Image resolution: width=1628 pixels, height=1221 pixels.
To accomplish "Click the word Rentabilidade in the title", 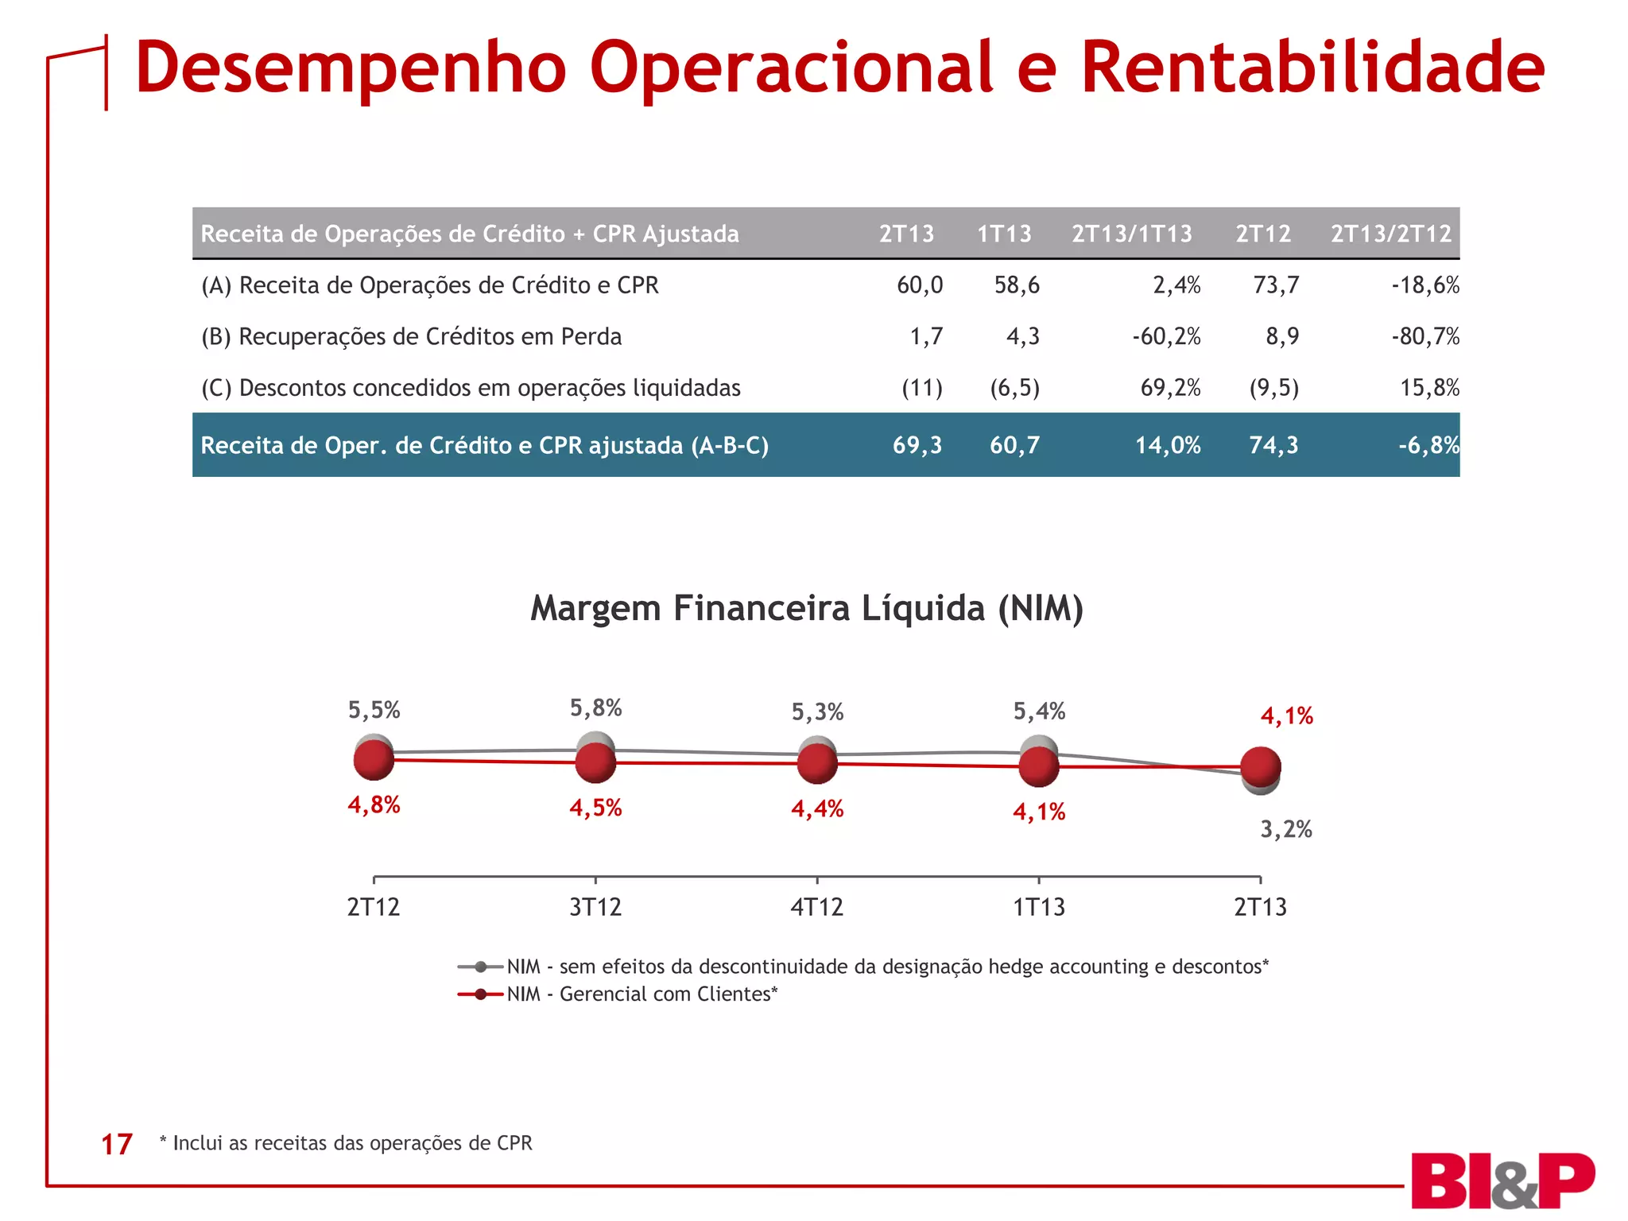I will click(1312, 68).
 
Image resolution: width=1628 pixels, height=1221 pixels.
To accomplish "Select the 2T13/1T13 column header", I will click(1131, 234).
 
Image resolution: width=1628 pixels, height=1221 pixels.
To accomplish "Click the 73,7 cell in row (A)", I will click(1275, 285).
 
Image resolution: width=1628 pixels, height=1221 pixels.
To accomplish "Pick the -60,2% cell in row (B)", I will click(1166, 336).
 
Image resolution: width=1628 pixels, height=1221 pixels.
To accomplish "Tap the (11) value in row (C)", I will click(921, 388).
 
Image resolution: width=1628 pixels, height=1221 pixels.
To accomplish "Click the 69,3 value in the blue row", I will click(917, 445).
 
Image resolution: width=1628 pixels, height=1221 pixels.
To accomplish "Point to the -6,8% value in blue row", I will click(1428, 445).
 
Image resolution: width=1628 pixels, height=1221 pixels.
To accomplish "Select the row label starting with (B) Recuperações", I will click(411, 336).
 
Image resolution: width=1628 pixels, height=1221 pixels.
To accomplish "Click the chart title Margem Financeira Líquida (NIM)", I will click(806, 608).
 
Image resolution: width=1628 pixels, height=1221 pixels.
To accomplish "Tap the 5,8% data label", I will click(595, 707).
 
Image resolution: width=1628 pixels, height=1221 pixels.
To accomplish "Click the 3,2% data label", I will click(1285, 829).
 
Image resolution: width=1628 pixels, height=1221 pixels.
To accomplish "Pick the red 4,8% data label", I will click(374, 804).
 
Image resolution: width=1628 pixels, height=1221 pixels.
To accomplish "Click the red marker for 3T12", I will click(595, 763).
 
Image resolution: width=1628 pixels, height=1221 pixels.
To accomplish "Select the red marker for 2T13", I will click(1260, 767).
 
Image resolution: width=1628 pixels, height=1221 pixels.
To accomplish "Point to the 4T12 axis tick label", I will click(816, 906).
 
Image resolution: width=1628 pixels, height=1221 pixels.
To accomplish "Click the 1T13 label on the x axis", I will click(1038, 906).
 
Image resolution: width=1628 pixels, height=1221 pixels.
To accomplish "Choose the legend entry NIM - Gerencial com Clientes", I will click(642, 994).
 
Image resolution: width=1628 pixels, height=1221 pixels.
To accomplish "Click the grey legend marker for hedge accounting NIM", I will click(480, 967).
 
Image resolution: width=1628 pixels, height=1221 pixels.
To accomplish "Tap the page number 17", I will click(116, 1144).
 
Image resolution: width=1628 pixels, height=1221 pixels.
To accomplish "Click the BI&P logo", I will click(1502, 1180).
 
